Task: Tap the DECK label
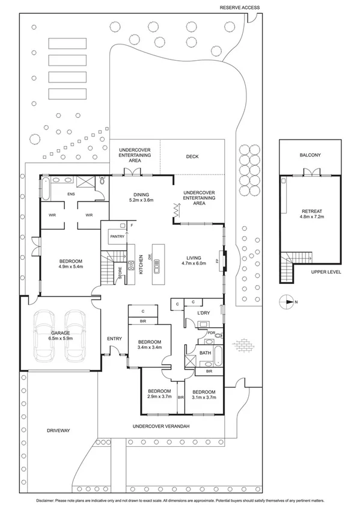click(x=192, y=157)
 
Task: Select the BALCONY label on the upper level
click(x=310, y=155)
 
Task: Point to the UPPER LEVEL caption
click(x=326, y=272)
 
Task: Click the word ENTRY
click(x=114, y=339)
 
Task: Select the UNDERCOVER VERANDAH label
click(x=161, y=426)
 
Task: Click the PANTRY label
click(x=117, y=237)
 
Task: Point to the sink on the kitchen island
click(x=157, y=262)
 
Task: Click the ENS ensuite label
click(x=72, y=194)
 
